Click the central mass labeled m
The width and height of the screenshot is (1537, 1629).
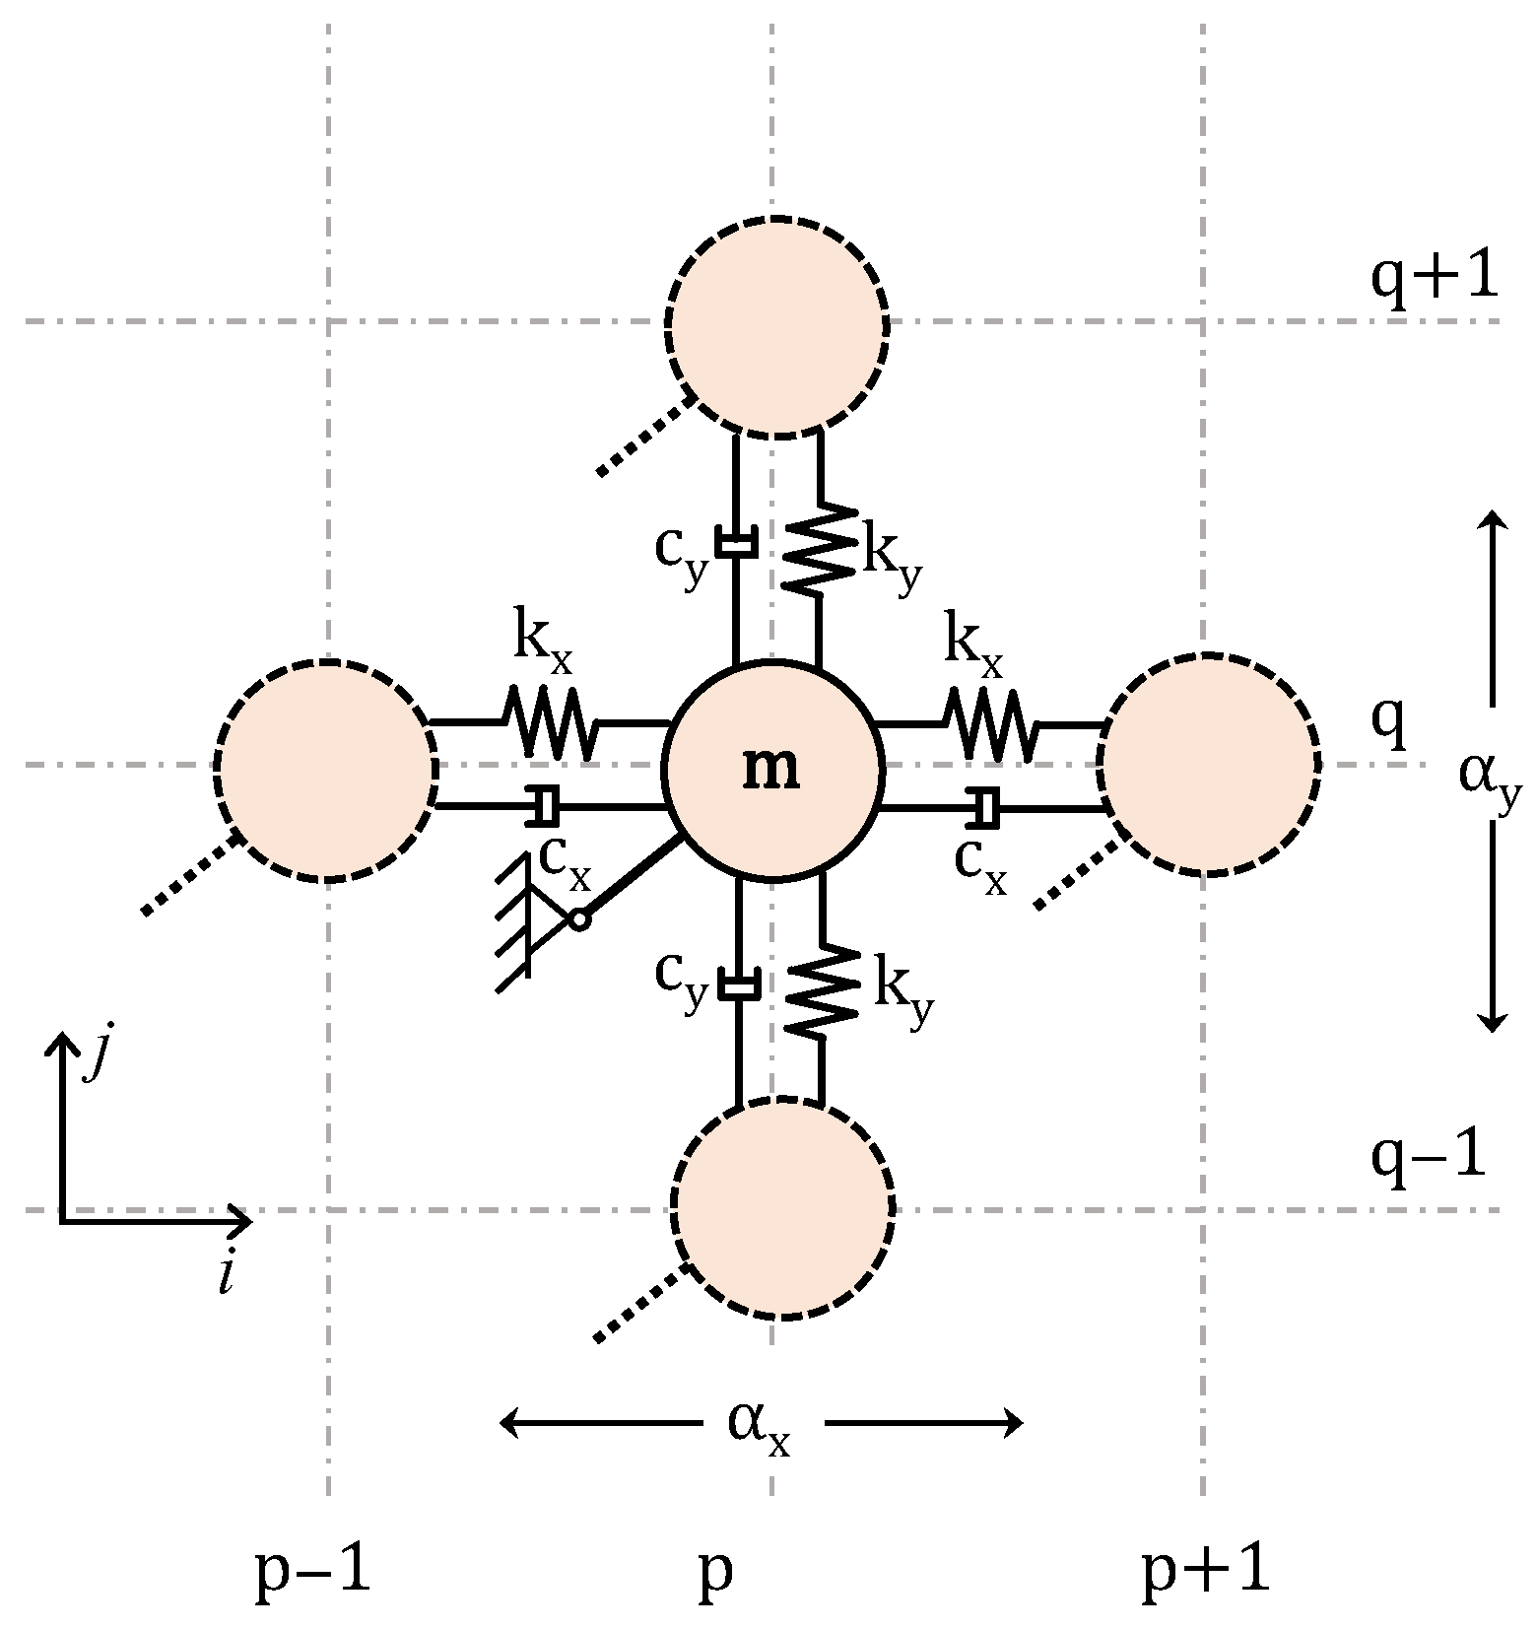click(771, 768)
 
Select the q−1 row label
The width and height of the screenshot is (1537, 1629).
click(1428, 1155)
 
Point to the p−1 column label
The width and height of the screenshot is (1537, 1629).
click(312, 1569)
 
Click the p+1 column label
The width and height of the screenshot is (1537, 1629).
click(1205, 1569)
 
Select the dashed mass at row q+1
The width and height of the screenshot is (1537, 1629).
click(777, 324)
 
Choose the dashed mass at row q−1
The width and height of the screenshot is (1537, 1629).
click(782, 1206)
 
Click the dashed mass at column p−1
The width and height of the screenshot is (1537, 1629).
click(327, 770)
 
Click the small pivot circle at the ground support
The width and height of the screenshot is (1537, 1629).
click(579, 919)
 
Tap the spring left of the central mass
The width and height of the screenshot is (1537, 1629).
click(550, 722)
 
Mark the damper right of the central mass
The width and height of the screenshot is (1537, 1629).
click(984, 807)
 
